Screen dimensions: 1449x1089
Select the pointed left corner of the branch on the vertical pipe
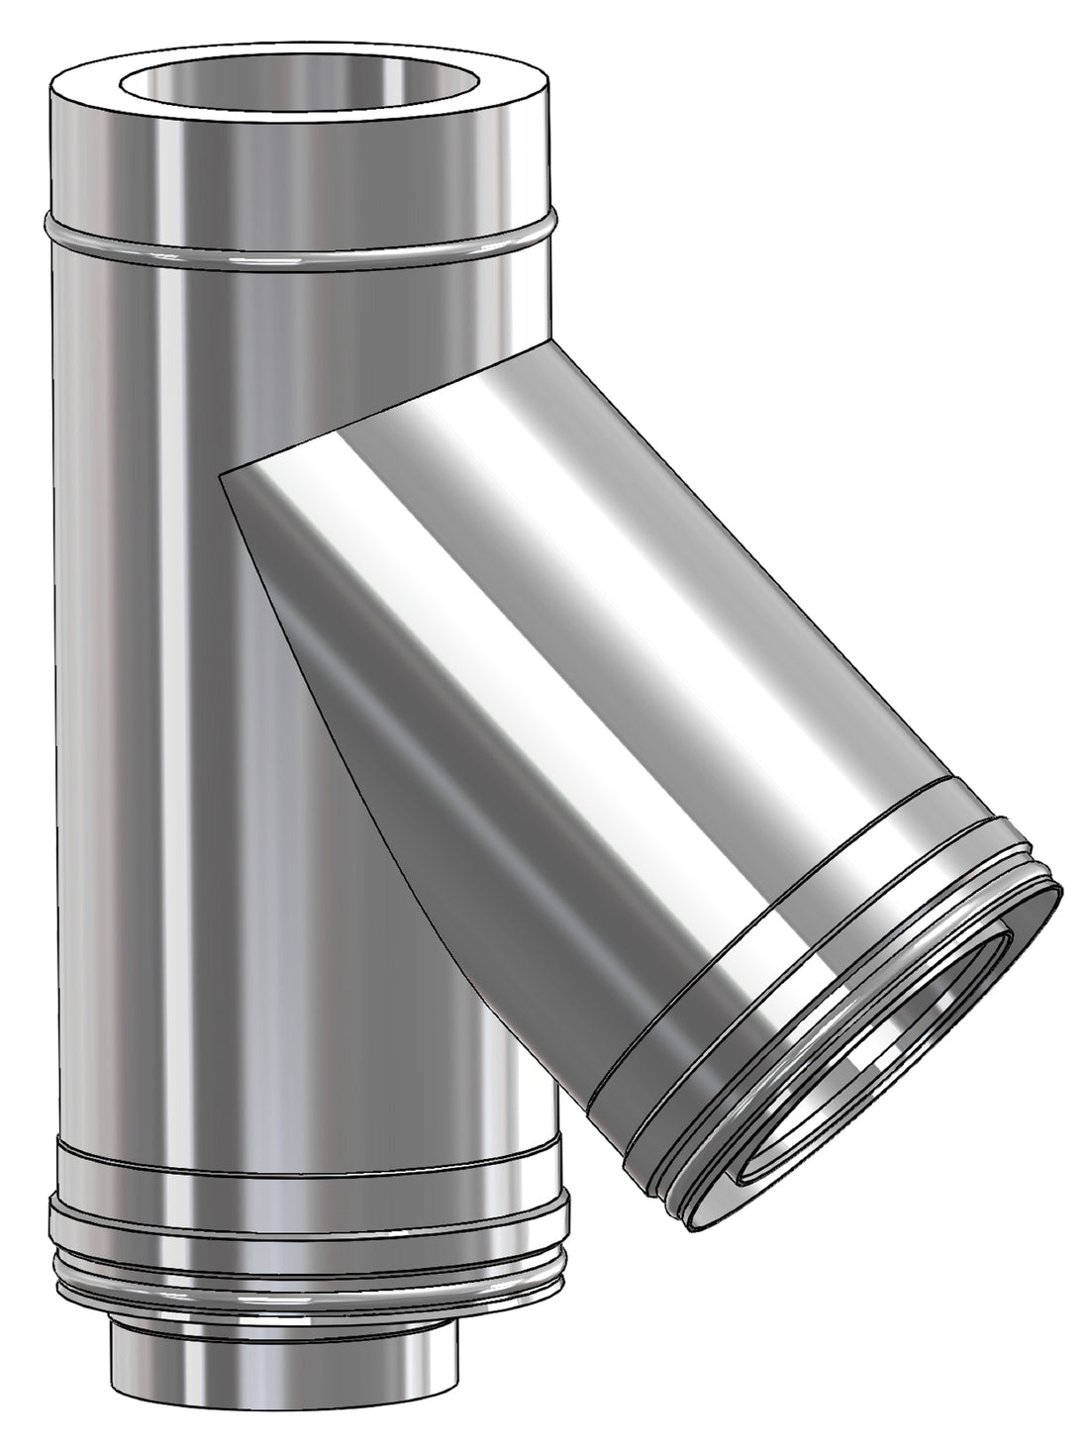(222, 476)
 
